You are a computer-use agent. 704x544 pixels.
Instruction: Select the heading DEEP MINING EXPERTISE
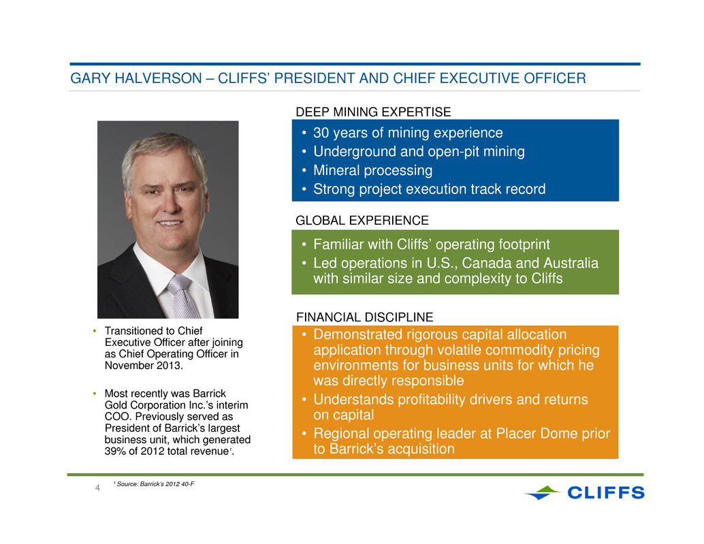373,112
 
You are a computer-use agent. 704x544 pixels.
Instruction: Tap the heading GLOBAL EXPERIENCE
362,221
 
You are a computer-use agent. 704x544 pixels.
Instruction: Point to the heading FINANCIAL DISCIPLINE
364,317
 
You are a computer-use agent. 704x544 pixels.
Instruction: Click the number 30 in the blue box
321,133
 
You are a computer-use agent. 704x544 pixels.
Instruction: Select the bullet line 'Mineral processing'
372,171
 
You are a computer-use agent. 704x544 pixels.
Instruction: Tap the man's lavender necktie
182,295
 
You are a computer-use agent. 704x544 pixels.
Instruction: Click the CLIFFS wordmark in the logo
606,492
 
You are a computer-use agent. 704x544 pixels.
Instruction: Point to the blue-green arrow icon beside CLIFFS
543,492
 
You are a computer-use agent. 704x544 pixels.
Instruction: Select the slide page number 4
97,487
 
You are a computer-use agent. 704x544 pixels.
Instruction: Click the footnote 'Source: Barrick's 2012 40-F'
155,484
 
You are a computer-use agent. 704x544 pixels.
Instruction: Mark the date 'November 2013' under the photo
143,366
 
